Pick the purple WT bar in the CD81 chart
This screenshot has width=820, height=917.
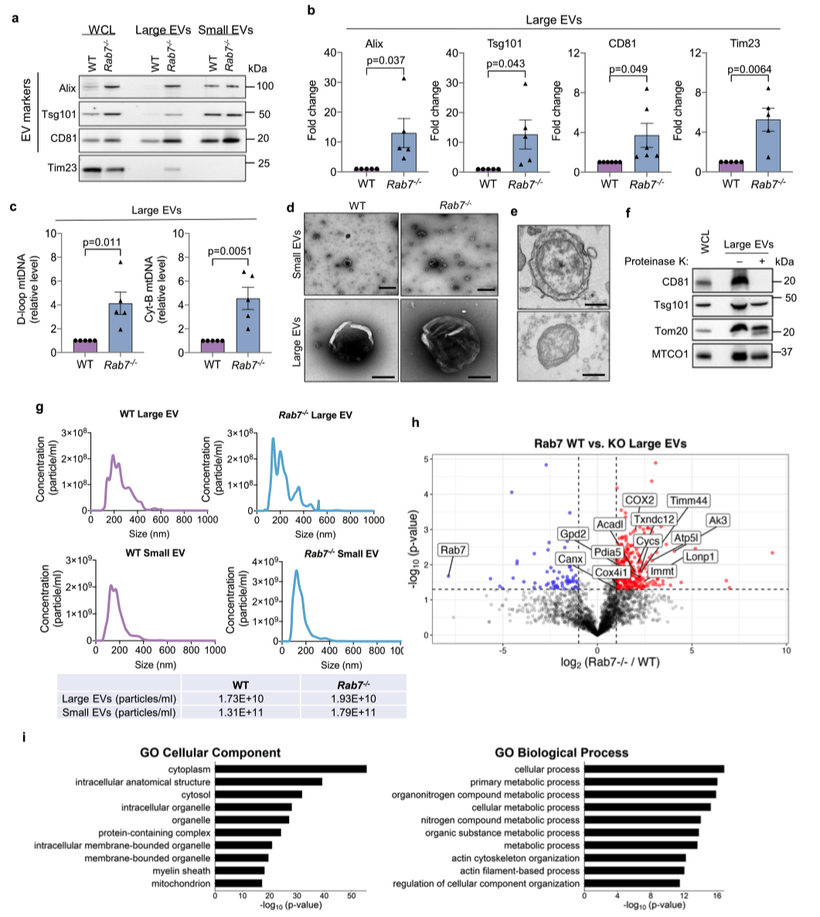point(609,166)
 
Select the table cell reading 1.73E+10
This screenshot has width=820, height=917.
point(240,698)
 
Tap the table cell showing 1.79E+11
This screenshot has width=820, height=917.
point(352,712)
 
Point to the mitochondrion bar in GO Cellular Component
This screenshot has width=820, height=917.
point(239,883)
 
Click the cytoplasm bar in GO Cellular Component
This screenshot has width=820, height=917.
point(291,769)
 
